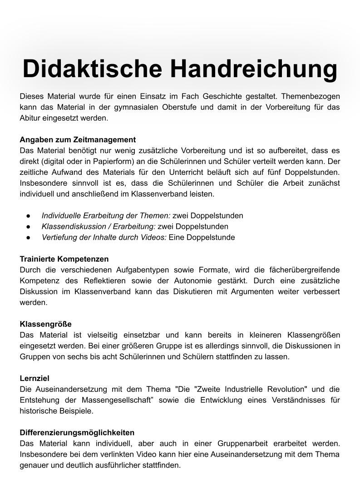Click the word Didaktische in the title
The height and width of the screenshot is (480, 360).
coord(93,69)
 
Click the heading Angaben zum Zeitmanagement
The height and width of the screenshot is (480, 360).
coord(78,139)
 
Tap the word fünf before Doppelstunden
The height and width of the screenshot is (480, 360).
coord(276,172)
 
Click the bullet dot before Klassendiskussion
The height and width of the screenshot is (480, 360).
coord(29,227)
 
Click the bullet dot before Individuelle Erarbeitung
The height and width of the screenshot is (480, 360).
coord(29,216)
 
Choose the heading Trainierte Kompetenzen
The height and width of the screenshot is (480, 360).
coord(64,259)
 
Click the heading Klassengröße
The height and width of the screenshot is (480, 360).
coord(45,324)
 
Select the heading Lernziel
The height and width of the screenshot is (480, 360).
coord(35,378)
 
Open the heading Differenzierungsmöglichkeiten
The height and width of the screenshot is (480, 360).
coord(77,432)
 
